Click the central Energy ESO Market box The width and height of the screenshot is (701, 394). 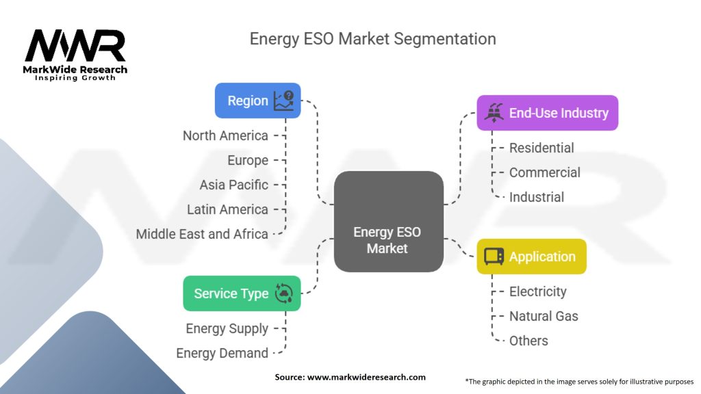[387, 221]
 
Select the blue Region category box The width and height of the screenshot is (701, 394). [257, 101]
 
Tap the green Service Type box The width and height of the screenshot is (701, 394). [242, 293]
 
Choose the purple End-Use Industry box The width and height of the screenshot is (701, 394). [547, 113]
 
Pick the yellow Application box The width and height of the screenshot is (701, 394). [531, 257]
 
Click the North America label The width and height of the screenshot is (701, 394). [225, 135]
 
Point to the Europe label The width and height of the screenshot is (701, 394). [248, 160]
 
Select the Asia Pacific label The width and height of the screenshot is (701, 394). [233, 185]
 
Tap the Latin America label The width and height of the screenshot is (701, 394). [227, 209]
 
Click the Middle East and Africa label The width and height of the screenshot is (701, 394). [202, 234]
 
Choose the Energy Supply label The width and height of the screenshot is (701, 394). [227, 328]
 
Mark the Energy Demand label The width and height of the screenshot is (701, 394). [222, 353]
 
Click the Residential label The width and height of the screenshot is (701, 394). [541, 148]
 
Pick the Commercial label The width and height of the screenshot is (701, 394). [544, 172]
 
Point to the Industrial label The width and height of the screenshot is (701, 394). [537, 197]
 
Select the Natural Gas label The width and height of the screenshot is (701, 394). [544, 316]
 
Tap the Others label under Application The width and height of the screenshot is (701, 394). [528, 341]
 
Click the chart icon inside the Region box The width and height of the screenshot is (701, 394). [283, 101]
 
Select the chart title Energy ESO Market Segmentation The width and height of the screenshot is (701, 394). [373, 38]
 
